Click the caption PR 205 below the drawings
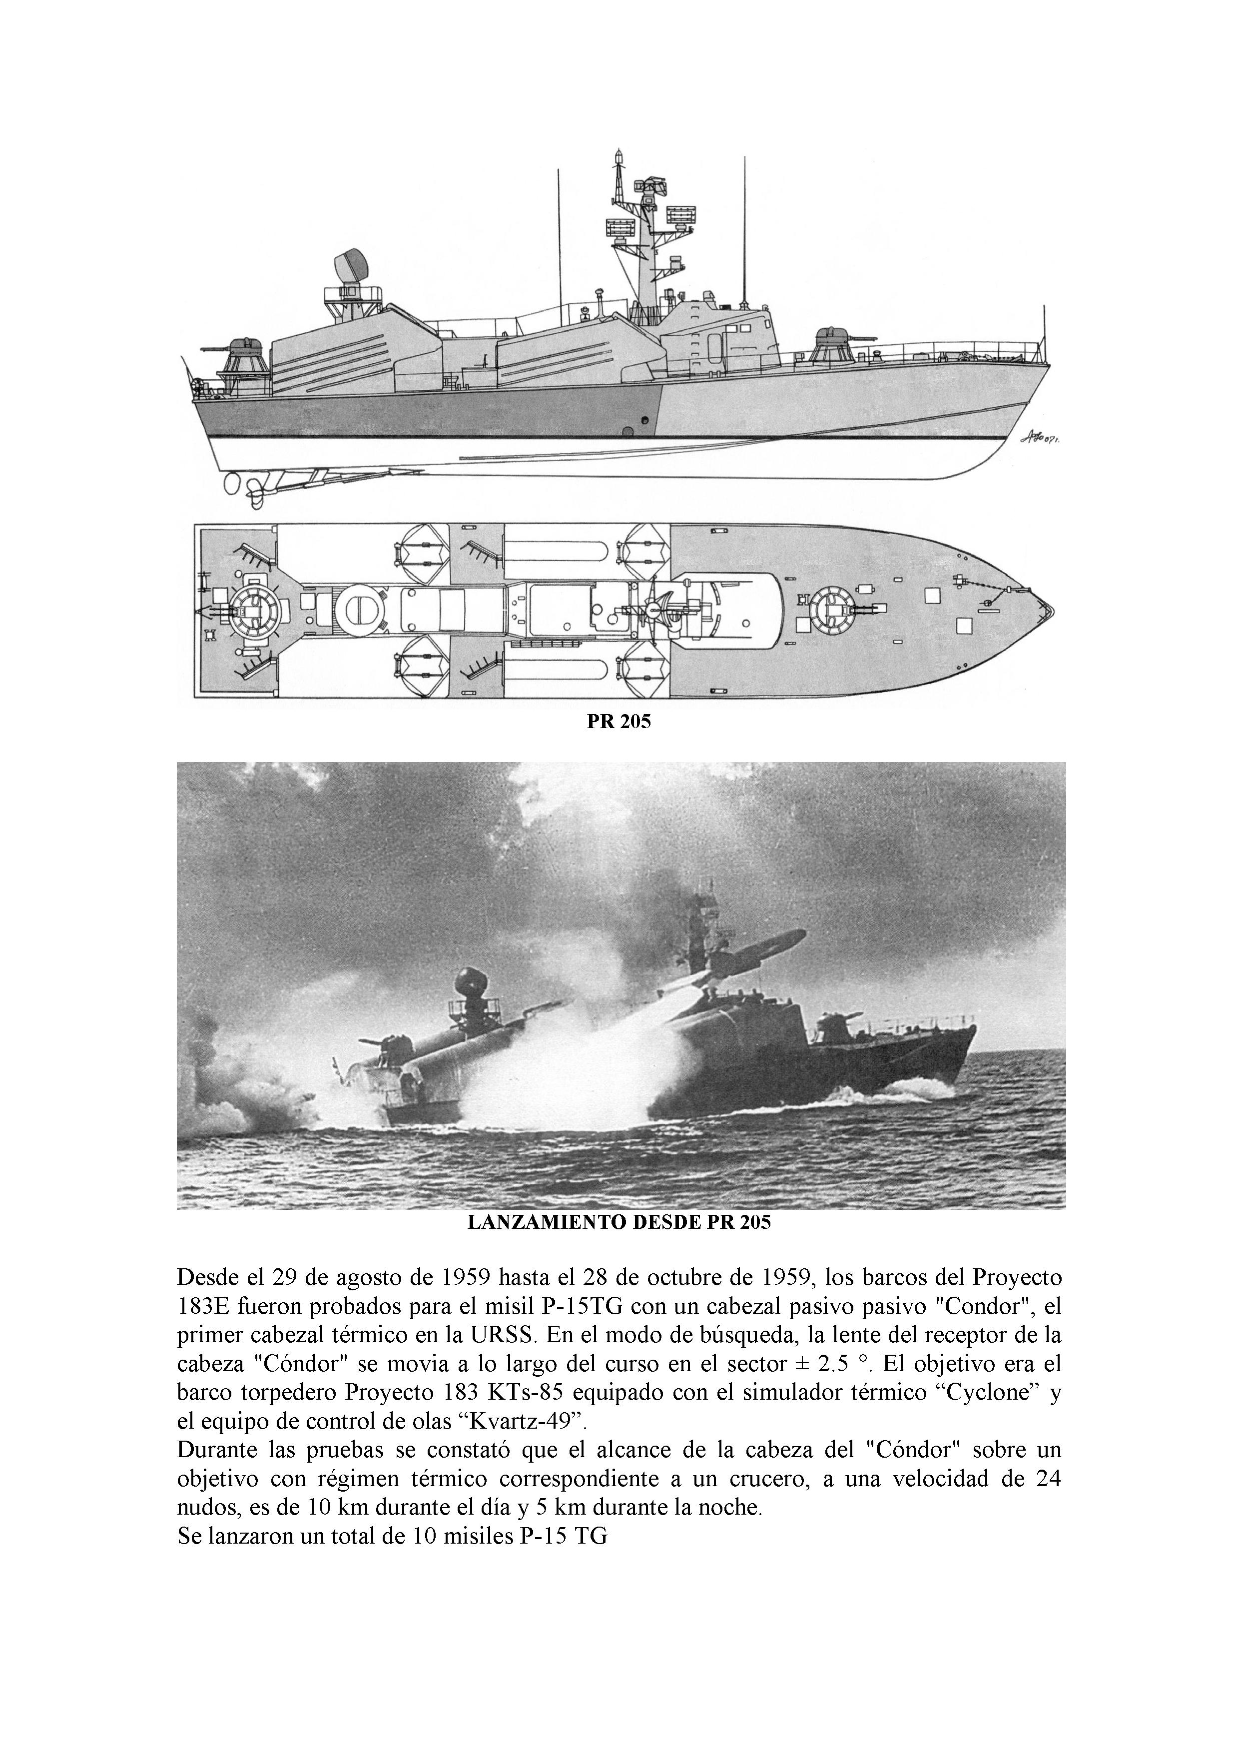click(619, 722)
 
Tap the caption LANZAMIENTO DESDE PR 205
click(619, 1222)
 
